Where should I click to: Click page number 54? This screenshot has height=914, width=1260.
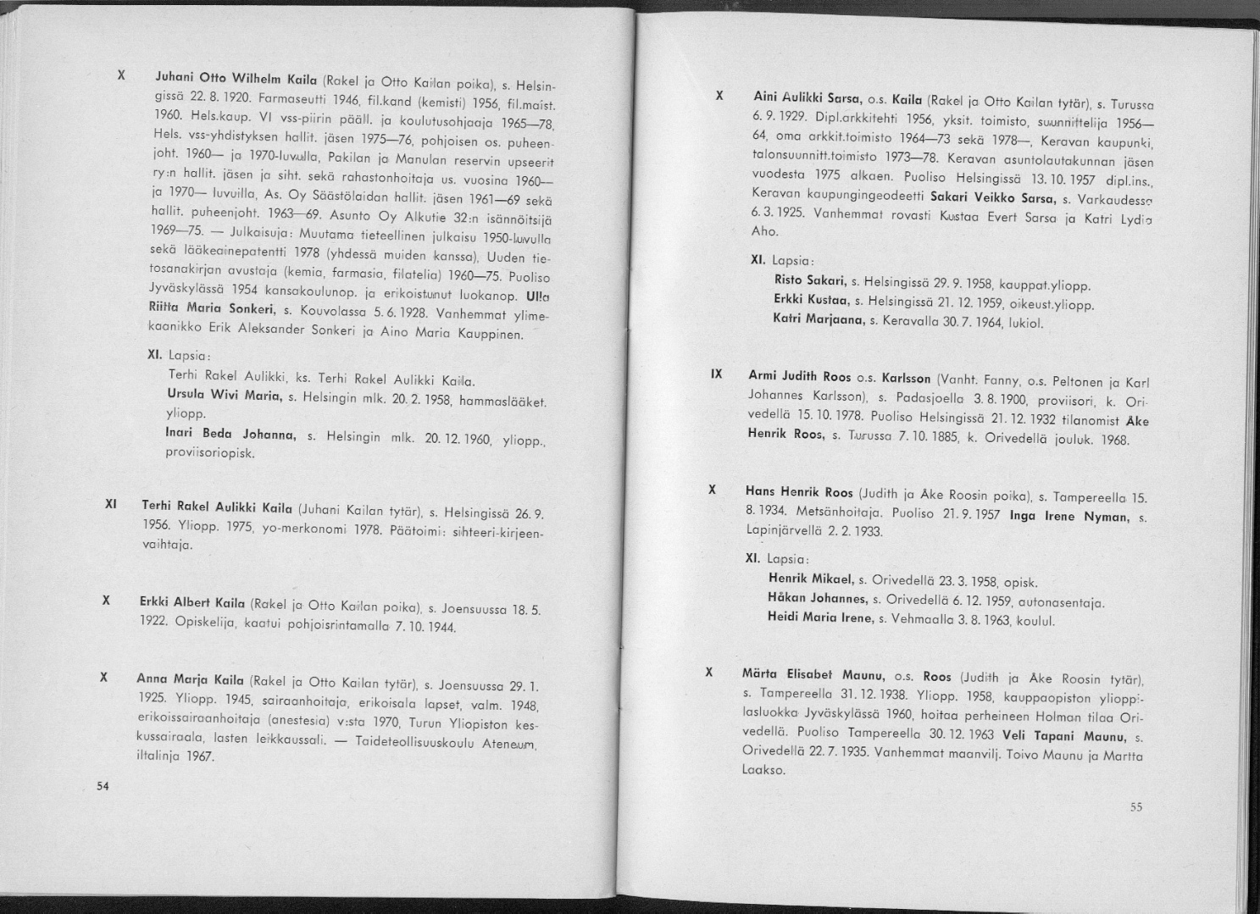point(103,785)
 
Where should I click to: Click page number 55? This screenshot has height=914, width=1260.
point(1136,807)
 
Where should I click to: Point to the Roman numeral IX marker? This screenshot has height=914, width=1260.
point(716,374)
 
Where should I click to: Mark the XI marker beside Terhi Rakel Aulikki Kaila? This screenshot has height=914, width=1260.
point(109,504)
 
